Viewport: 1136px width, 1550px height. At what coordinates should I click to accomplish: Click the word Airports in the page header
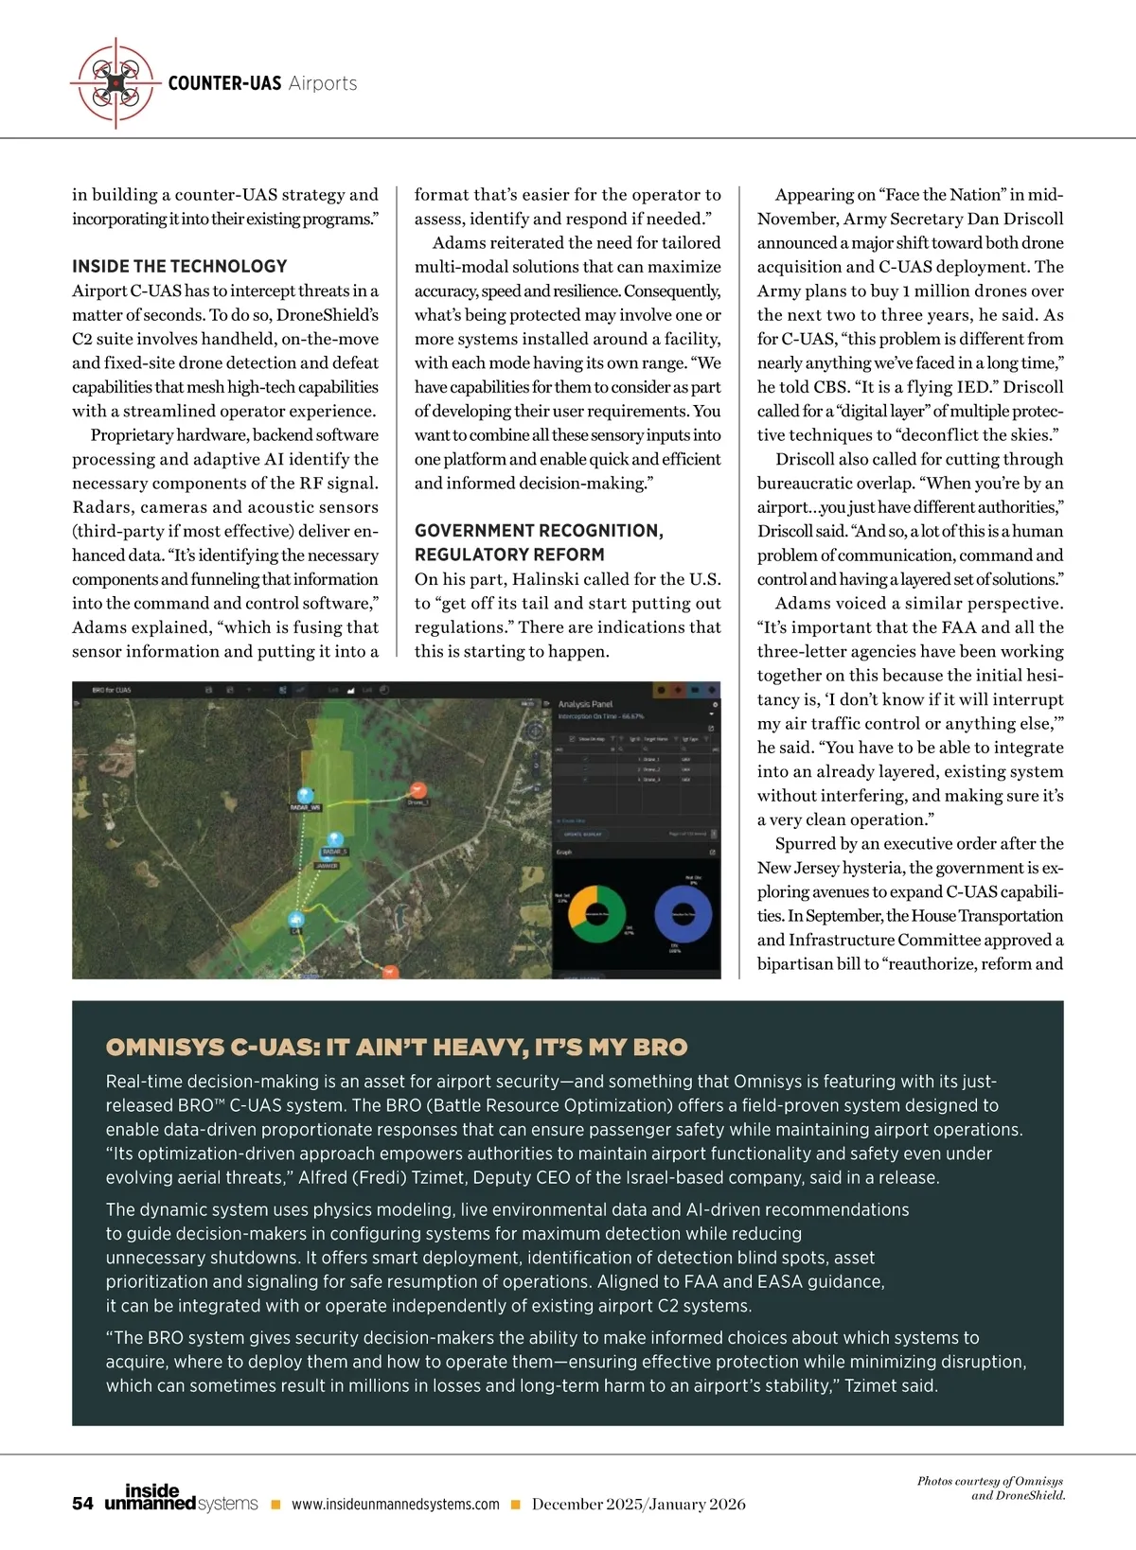click(x=323, y=83)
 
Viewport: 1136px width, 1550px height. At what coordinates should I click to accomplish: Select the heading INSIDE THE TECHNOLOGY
click(x=180, y=267)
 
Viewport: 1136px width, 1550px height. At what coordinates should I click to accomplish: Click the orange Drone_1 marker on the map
click(x=418, y=789)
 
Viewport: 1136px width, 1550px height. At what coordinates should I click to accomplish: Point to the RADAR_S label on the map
click(x=334, y=852)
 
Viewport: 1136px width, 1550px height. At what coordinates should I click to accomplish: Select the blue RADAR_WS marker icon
click(x=305, y=795)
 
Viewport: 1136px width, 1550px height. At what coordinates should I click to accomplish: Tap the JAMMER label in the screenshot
click(x=327, y=865)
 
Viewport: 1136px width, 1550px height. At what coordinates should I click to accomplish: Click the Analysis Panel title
click(x=585, y=704)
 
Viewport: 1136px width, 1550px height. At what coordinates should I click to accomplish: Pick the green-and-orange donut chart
click(x=596, y=913)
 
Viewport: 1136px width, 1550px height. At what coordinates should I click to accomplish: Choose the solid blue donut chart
click(x=683, y=914)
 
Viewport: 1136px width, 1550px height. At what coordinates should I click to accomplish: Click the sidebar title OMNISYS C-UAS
click(x=397, y=1047)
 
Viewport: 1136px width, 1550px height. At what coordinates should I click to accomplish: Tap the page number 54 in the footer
click(x=82, y=1504)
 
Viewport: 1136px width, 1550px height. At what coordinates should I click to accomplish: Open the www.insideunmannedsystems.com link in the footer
click(x=395, y=1505)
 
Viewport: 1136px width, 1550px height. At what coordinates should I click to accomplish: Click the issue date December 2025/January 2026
click(x=638, y=1505)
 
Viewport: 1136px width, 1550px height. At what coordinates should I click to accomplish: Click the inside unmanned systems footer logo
click(x=181, y=1498)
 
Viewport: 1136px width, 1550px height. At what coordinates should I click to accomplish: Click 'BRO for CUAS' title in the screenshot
click(x=112, y=691)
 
